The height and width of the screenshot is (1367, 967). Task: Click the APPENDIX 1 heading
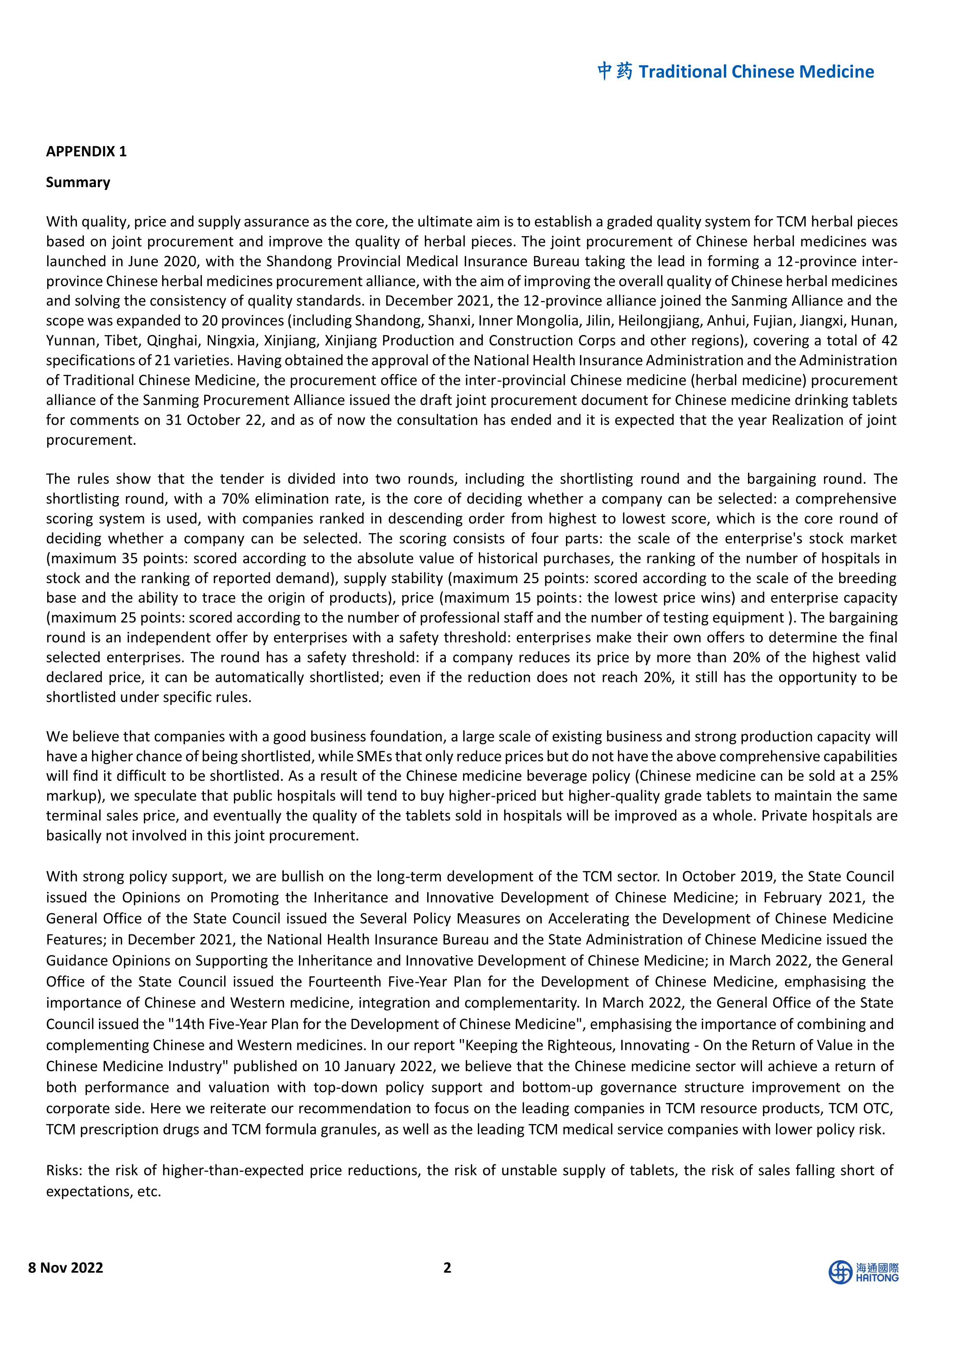pyautogui.click(x=87, y=151)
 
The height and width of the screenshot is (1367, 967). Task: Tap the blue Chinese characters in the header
pyautogui.click(x=615, y=71)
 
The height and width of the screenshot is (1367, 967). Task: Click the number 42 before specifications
pyautogui.click(x=888, y=341)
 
